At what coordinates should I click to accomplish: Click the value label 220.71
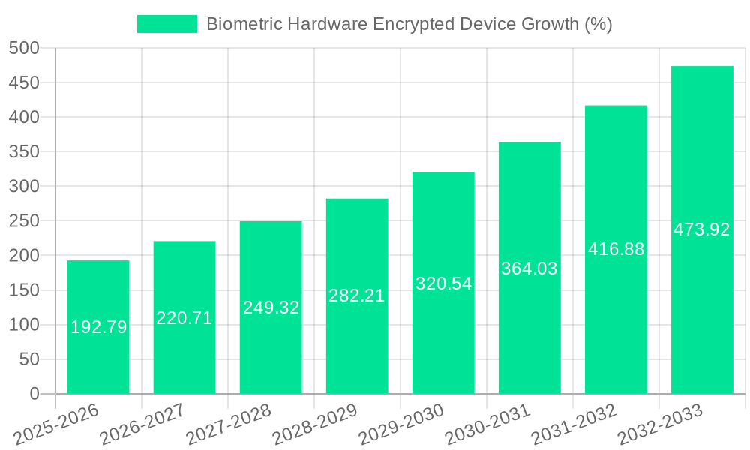(x=184, y=318)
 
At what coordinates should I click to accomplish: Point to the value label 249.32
(x=271, y=307)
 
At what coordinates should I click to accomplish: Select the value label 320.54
(x=443, y=284)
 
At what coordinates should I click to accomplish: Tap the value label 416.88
(x=616, y=250)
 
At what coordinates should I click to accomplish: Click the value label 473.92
(x=702, y=230)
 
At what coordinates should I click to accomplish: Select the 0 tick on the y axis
(x=34, y=394)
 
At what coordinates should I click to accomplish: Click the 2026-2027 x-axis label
(x=143, y=424)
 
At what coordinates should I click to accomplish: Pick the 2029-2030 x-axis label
(x=402, y=424)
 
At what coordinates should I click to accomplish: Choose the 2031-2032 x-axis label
(x=574, y=424)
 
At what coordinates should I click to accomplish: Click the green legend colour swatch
(x=166, y=24)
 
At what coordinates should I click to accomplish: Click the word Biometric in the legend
(x=240, y=24)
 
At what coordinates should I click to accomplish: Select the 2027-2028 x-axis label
(x=229, y=424)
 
